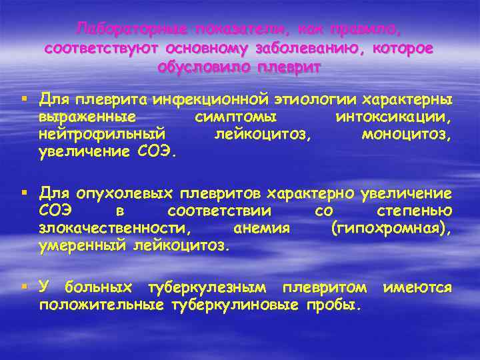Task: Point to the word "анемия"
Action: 261,229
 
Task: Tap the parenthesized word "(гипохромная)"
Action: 391,229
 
